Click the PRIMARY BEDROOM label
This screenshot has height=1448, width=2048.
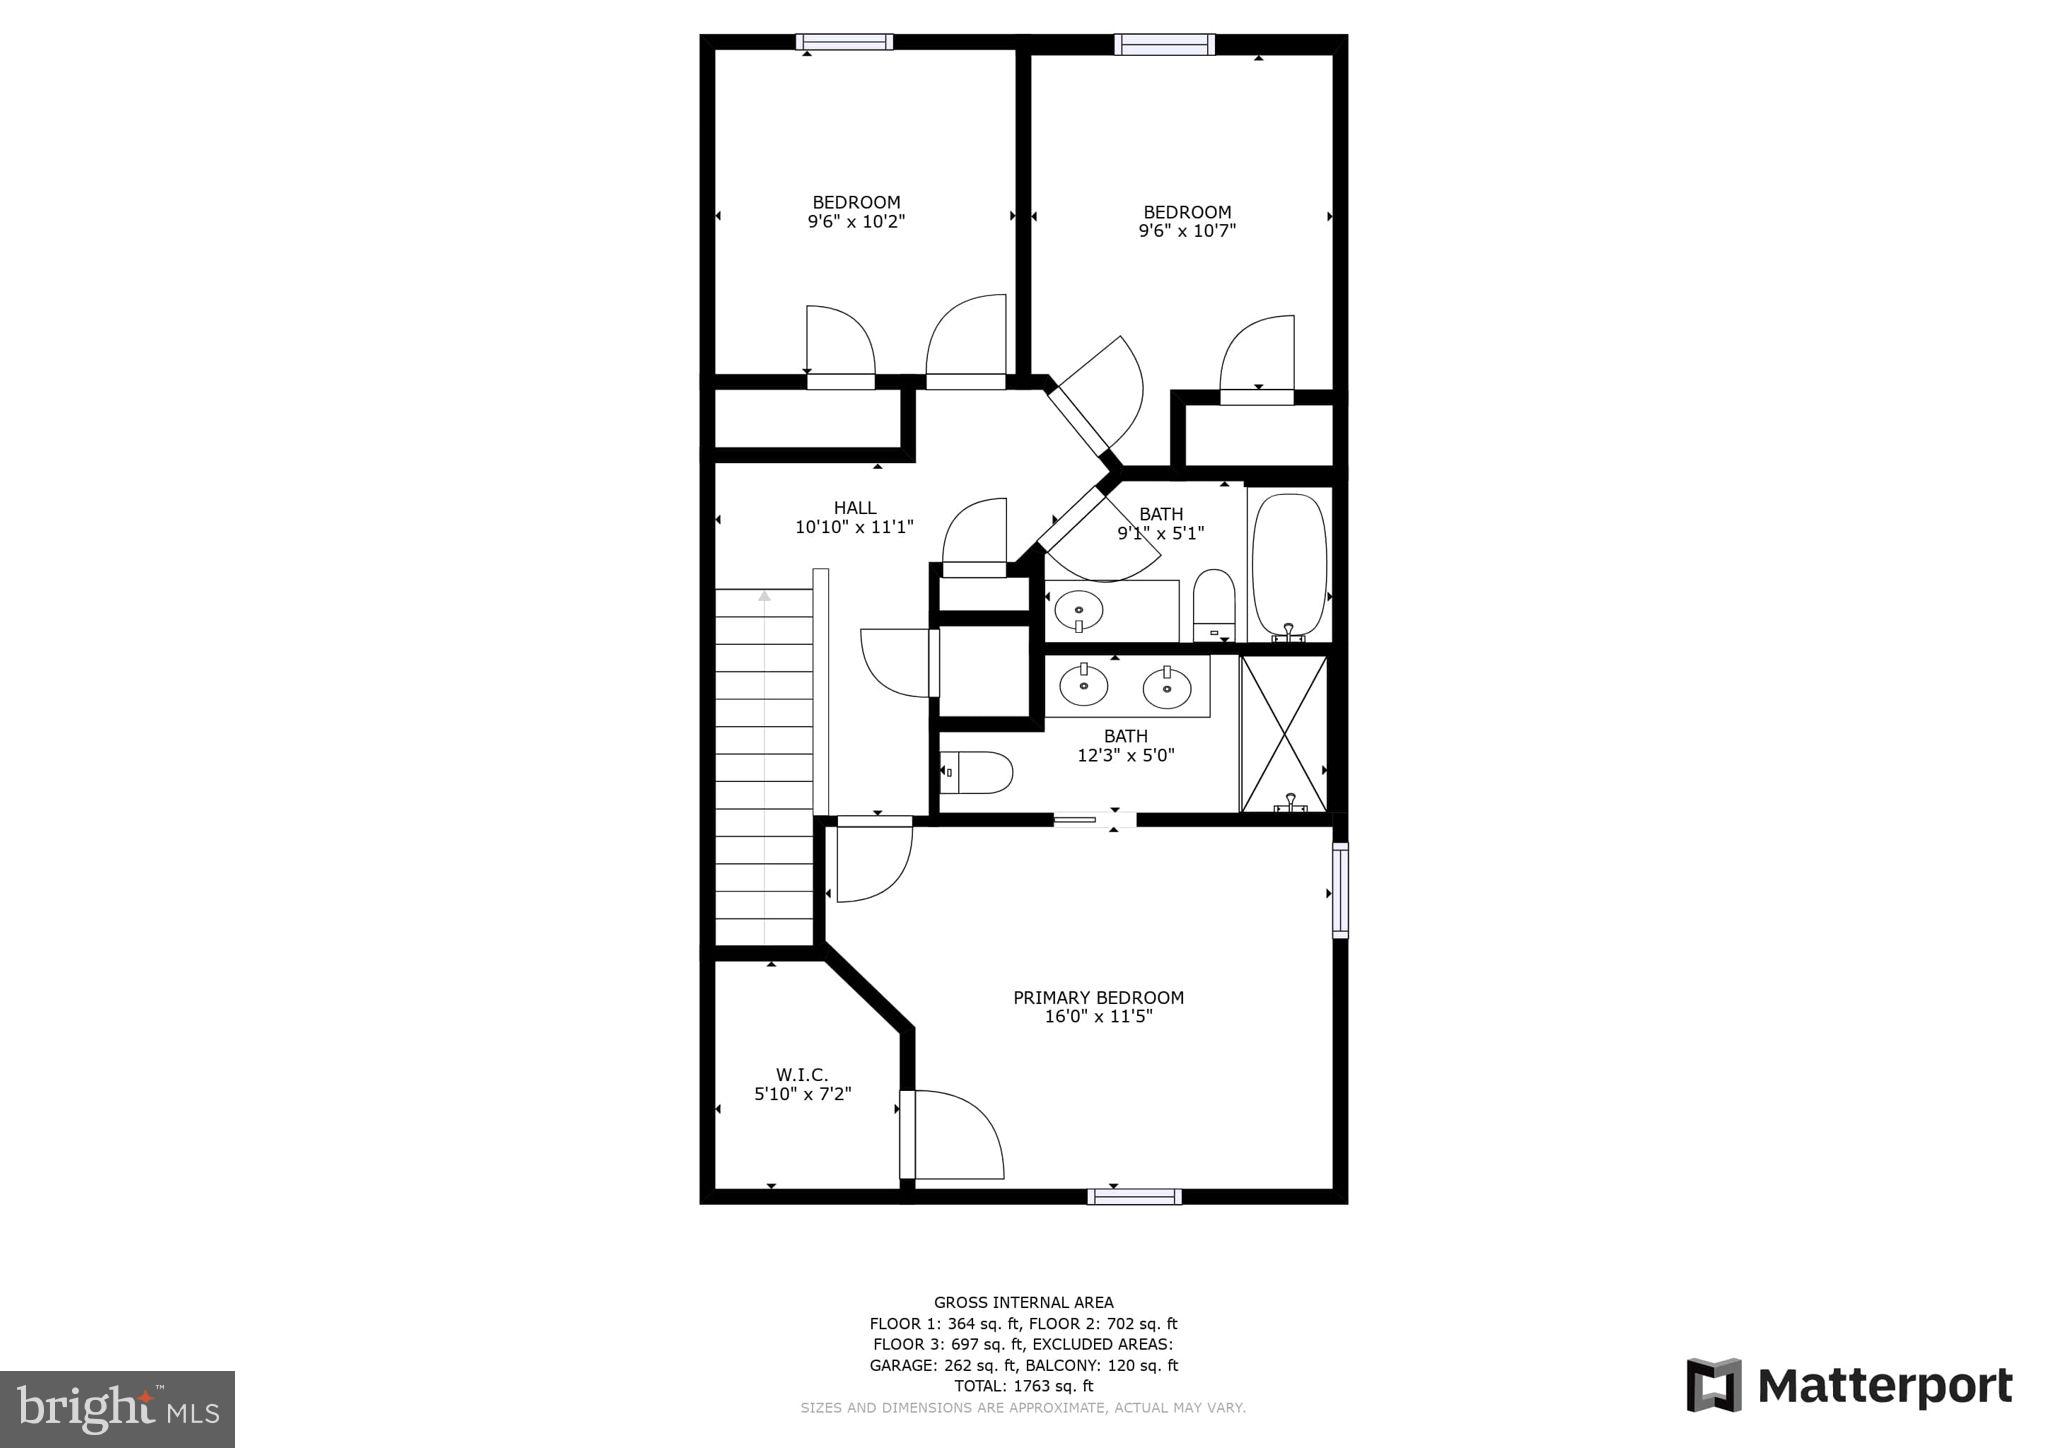[1098, 997]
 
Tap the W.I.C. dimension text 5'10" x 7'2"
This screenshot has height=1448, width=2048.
[802, 1094]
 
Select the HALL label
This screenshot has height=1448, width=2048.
[855, 508]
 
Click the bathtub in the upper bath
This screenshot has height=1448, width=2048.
[1289, 564]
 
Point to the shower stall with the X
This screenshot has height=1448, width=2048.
[1283, 733]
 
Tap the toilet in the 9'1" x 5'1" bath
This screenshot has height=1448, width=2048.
[1214, 604]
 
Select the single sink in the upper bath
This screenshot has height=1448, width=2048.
[1079, 607]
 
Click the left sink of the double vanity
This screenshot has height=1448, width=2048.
[1083, 685]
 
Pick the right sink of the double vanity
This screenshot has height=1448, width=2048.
[1167, 686]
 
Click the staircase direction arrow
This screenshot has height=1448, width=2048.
[765, 596]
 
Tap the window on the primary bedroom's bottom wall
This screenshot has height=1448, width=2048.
[1134, 1196]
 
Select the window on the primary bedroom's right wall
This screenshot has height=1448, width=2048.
[1340, 890]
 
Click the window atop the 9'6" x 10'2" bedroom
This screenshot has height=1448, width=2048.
[844, 42]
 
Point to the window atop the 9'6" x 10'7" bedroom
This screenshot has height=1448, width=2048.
[1164, 44]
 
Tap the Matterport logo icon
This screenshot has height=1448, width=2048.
[1713, 1385]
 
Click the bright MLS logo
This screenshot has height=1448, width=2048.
[118, 1409]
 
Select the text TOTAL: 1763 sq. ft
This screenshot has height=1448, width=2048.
[1023, 1386]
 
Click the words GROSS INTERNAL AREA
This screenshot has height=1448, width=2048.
[1023, 1302]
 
